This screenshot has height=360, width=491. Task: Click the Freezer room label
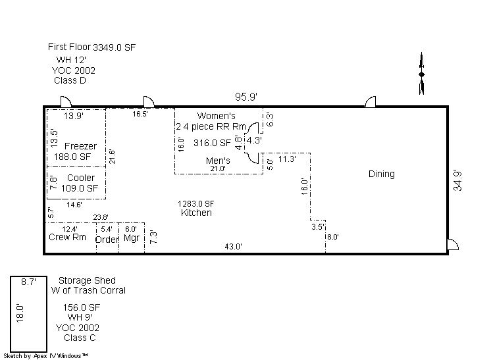pos(80,146)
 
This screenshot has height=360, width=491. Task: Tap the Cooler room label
pos(80,178)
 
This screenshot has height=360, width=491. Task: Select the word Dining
pos(381,174)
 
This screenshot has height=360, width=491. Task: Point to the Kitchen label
pos(196,213)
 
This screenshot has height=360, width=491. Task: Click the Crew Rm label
pos(67,238)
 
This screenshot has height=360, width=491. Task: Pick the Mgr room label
pos(131,238)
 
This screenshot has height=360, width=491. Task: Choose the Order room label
pos(107,239)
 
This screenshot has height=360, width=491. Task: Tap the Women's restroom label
pos(217,116)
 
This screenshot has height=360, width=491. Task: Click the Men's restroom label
pos(218,161)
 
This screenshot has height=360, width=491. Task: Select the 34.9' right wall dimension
pos(457,179)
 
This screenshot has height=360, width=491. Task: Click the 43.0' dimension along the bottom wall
pos(234,247)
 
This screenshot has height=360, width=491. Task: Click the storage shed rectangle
pos(28,314)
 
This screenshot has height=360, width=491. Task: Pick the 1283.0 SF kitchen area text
pos(196,203)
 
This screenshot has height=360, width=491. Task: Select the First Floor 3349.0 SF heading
pos(92,47)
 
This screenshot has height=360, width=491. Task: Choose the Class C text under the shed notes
pos(79,338)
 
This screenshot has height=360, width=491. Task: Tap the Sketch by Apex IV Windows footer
pos(46,355)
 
